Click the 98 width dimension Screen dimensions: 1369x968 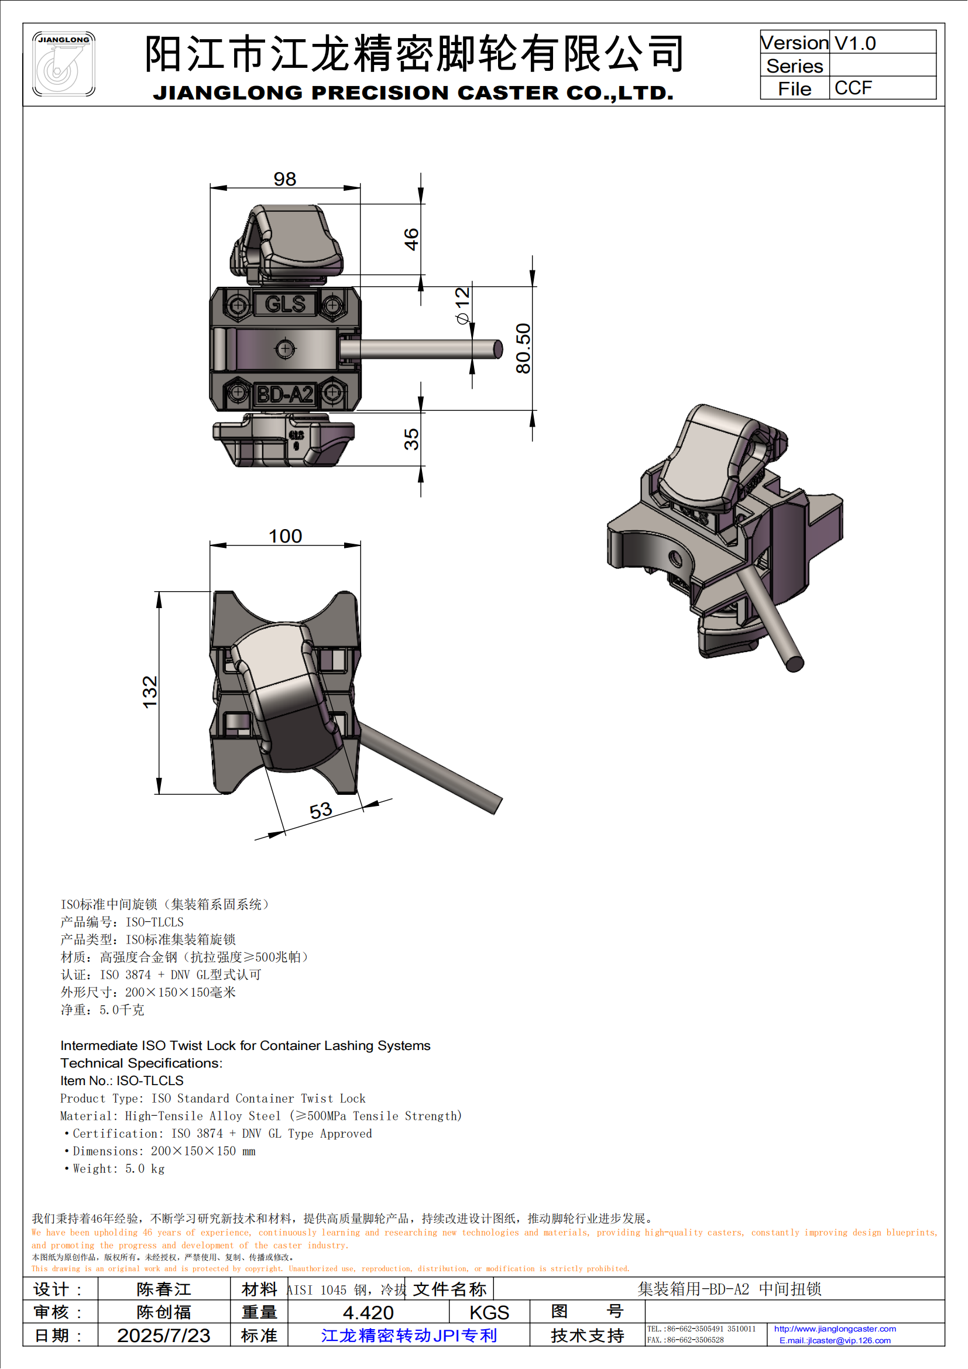coord(285,179)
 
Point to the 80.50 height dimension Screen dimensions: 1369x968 coord(523,348)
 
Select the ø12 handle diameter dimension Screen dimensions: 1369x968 coord(463,306)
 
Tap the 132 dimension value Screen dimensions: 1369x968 coord(150,692)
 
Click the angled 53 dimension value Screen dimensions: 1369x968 coord(321,810)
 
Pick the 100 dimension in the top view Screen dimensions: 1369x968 coord(286,536)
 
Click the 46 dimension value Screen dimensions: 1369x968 coord(411,239)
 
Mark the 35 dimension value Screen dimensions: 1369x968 coord(411,439)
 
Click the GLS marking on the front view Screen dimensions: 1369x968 coord(285,304)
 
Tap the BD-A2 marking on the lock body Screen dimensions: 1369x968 coord(285,394)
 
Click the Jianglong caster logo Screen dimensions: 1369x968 coord(64,64)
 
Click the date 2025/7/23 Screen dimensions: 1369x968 coord(163,1335)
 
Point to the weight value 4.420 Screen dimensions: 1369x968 coord(368,1312)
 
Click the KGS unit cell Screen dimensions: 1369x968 coord(489,1312)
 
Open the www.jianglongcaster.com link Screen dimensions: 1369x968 coord(835,1329)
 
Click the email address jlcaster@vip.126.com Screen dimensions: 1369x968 coord(835,1340)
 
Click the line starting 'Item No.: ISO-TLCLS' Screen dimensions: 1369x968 coord(122,1080)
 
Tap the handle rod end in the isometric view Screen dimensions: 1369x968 coord(795,664)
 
